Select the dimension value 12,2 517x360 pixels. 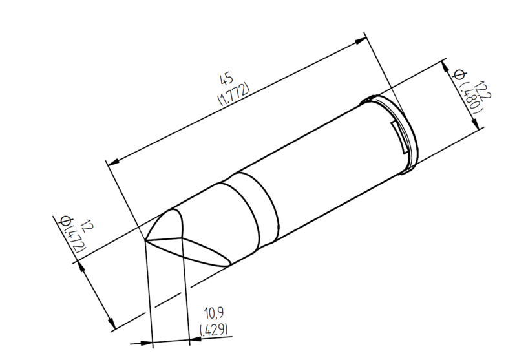[482, 90]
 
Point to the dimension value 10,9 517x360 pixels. [214, 313]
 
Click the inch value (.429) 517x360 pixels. [214, 330]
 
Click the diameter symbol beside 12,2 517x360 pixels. [459, 75]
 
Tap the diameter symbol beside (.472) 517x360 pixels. [65, 220]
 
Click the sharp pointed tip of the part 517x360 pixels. [145, 240]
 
